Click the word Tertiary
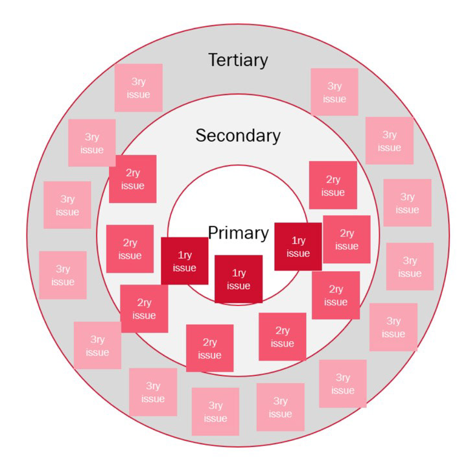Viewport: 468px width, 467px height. point(238,60)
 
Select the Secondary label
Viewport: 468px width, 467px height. point(238,136)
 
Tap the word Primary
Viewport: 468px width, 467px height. point(238,233)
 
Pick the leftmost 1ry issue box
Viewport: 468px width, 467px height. point(185,261)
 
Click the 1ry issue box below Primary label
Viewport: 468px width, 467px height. point(239,279)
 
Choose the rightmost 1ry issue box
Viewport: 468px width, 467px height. point(298,246)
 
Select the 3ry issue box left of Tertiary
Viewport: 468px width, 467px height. point(139,88)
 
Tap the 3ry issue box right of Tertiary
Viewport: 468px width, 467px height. point(334,92)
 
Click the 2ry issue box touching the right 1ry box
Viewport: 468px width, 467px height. point(347,239)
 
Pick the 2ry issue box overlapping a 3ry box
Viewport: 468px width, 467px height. point(134,179)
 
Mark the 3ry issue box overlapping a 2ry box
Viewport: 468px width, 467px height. point(92,143)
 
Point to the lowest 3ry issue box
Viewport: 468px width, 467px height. point(215,412)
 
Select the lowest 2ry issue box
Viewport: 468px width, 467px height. point(209,348)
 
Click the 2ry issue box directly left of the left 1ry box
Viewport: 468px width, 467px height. point(130,249)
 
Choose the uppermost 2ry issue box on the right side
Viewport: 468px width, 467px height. point(333,186)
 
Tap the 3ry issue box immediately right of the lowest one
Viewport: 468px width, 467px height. point(280,407)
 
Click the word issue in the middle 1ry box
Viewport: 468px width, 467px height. point(239,286)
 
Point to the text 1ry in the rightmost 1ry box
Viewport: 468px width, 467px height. point(298,240)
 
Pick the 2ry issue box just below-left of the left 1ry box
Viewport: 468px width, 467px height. point(144,309)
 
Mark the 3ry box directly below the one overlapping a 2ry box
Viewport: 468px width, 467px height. point(67,205)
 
